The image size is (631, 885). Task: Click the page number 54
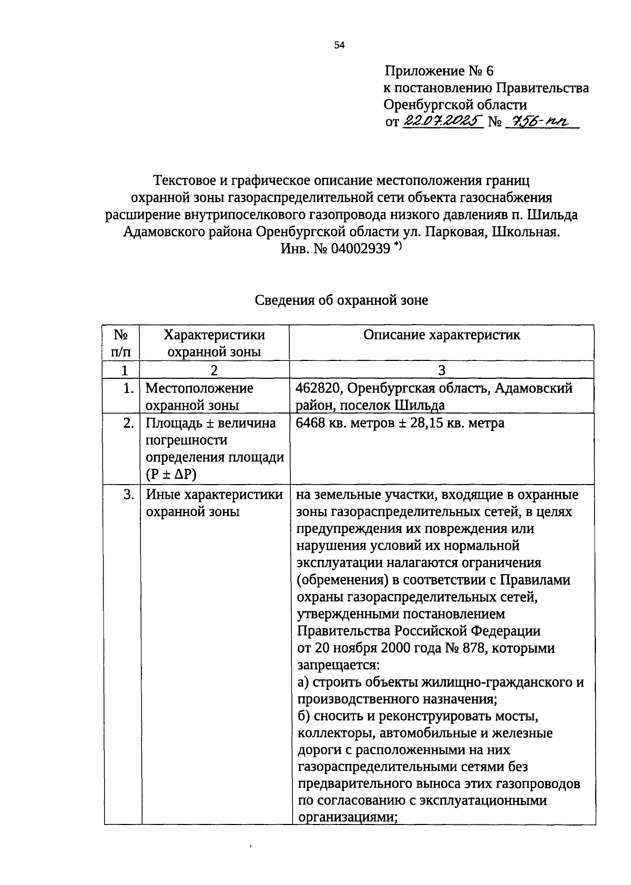pos(339,46)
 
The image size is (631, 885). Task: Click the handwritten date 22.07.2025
pos(443,121)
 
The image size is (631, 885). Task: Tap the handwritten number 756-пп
pos(541,121)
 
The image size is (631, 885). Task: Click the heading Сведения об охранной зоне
pos(341,300)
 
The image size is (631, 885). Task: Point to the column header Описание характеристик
pos(442,335)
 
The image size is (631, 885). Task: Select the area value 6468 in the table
pos(311,423)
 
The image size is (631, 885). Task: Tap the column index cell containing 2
pos(214,370)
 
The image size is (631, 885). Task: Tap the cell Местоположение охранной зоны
pos(199,397)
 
